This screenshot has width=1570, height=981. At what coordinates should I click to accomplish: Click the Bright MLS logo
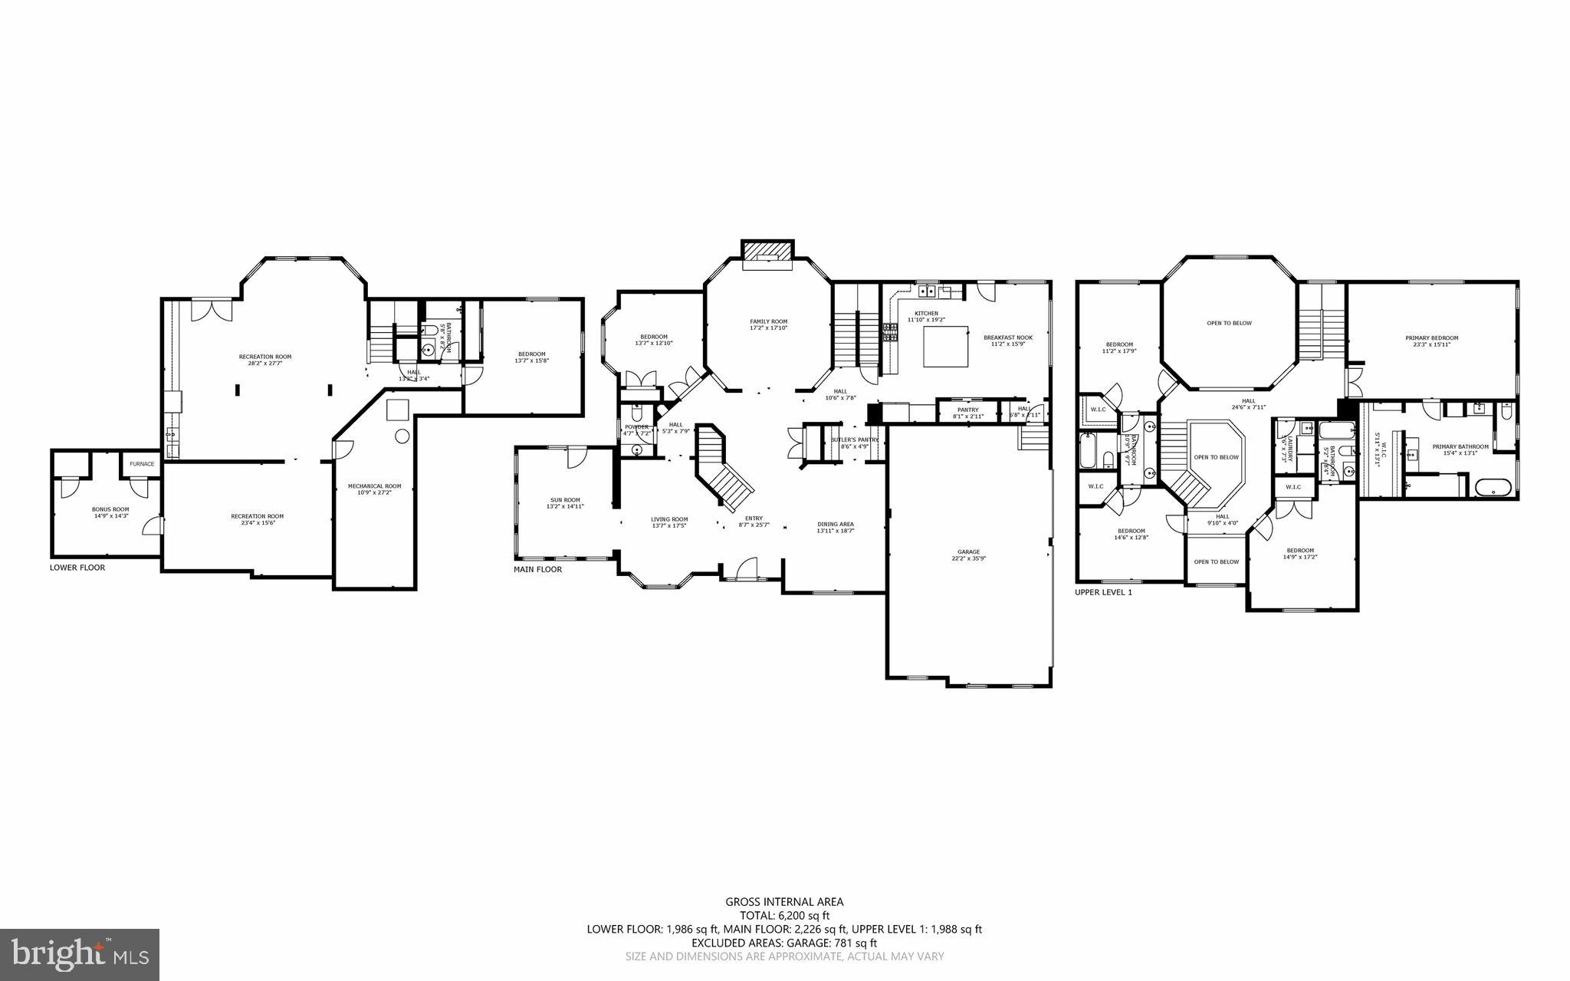pyautogui.click(x=80, y=955)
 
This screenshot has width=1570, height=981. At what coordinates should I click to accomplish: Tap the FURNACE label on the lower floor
pyautogui.click(x=142, y=464)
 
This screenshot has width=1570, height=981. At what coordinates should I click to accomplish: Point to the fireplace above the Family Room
pyautogui.click(x=767, y=252)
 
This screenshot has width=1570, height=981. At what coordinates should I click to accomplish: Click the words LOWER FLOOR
pyautogui.click(x=77, y=568)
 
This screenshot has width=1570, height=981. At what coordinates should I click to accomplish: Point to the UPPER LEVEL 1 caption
pyautogui.click(x=1103, y=592)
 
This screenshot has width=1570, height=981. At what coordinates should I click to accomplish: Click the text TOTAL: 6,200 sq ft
pyautogui.click(x=784, y=915)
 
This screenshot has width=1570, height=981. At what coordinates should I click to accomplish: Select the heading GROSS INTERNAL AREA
pyautogui.click(x=784, y=902)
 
